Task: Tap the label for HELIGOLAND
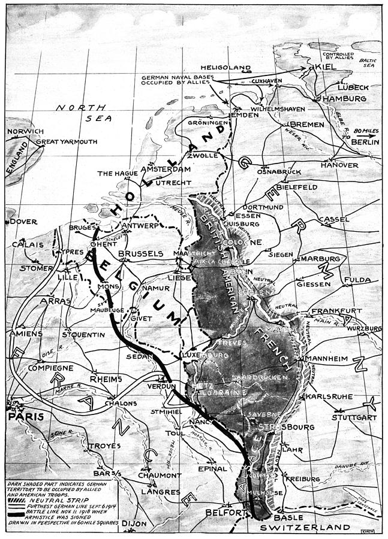pos(240,69)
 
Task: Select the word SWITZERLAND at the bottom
pos(305,527)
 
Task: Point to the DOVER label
pos(23,221)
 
